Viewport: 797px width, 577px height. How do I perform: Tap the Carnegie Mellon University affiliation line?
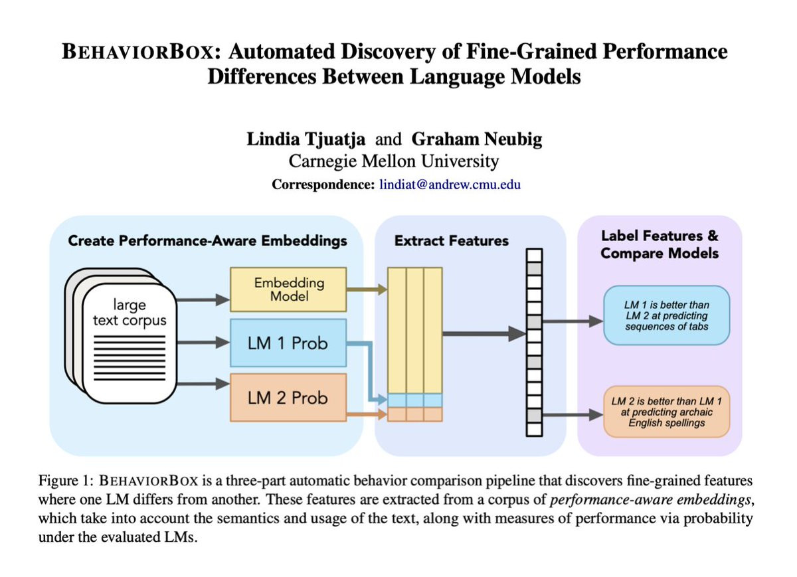click(393, 161)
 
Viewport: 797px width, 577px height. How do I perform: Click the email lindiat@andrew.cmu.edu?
click(450, 185)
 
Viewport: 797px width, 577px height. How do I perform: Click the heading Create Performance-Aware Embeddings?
click(207, 241)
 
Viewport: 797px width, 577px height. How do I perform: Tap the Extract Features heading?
click(452, 241)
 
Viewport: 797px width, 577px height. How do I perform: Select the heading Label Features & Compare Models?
click(659, 244)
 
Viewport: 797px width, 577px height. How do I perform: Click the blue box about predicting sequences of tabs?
click(666, 315)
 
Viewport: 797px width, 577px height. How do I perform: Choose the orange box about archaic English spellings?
click(666, 412)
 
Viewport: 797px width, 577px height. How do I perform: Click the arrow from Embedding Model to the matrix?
click(367, 289)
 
